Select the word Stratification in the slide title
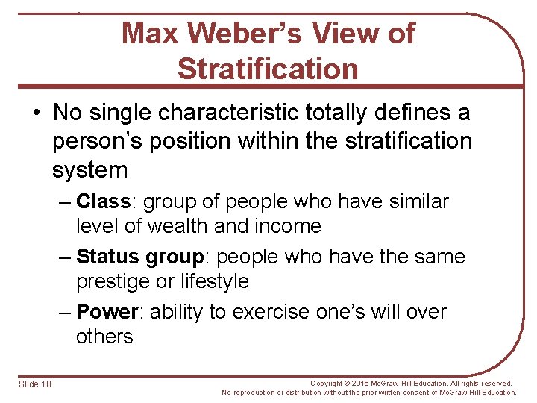pyautogui.click(x=268, y=69)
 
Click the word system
pyautogui.click(x=89, y=169)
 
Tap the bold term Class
pyautogui.click(x=104, y=201)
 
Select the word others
pyautogui.click(x=104, y=337)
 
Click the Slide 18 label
pyautogui.click(x=35, y=384)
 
